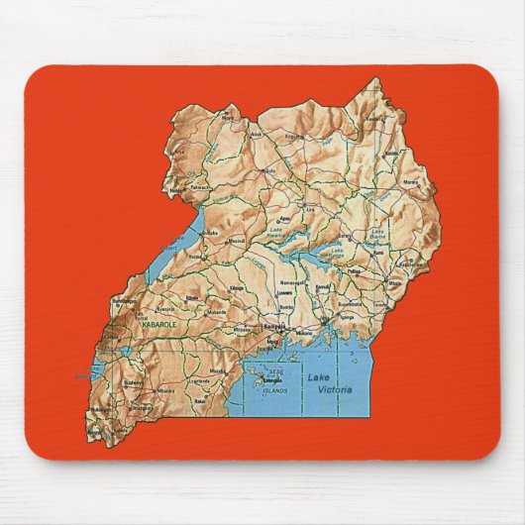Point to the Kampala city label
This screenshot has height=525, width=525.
[274, 326]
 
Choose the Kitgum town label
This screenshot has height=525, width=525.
[293, 136]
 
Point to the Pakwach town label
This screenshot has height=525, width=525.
[202, 185]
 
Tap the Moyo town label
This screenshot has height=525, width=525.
[200, 116]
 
